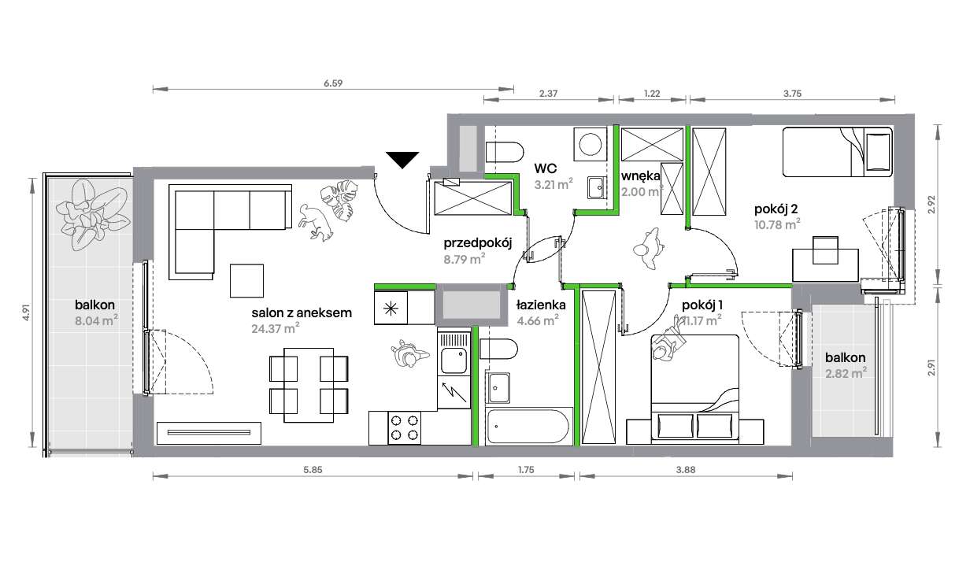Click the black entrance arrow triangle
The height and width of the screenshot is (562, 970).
pyautogui.click(x=403, y=160)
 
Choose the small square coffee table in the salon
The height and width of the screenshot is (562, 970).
pyautogui.click(x=247, y=279)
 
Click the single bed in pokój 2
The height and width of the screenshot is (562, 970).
pyautogui.click(x=836, y=153)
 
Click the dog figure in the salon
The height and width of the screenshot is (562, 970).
pyautogui.click(x=316, y=221)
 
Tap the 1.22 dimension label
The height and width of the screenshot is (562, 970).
pyautogui.click(x=651, y=93)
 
